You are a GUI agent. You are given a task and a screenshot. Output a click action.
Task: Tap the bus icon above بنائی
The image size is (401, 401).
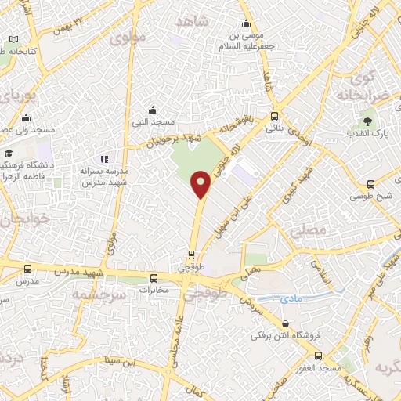[274, 114]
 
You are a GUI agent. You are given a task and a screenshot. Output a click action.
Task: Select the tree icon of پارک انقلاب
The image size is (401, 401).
[366, 121]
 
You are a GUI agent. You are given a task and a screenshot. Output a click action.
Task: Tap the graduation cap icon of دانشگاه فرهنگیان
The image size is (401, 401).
[8, 153]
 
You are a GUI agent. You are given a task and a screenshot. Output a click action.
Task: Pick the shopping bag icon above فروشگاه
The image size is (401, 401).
[285, 323]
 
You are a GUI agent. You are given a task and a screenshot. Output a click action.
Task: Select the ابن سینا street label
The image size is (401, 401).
[122, 362]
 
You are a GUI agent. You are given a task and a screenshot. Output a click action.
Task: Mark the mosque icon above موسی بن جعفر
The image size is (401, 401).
[247, 23]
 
